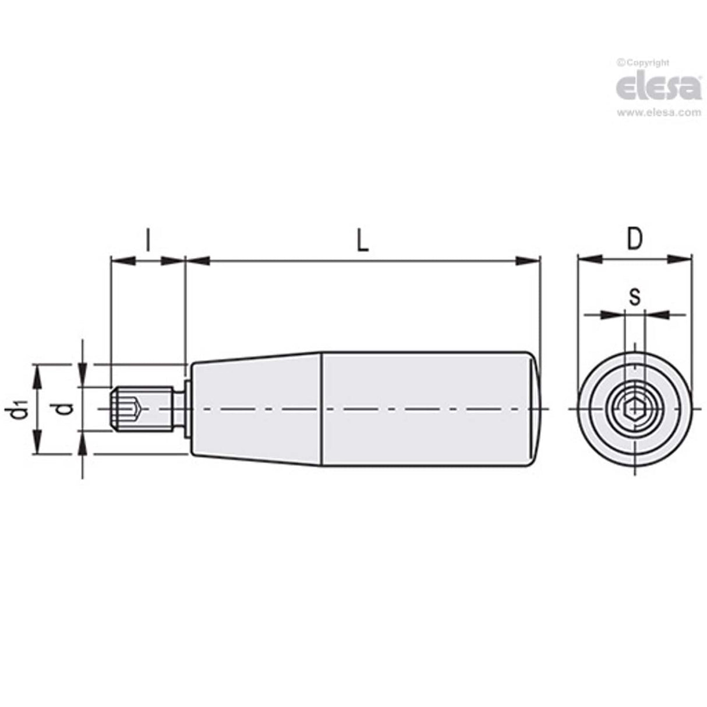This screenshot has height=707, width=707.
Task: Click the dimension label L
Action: pos(362,241)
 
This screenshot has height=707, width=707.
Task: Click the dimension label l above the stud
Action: pos(148,240)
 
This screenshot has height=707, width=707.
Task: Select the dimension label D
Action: pos(634,239)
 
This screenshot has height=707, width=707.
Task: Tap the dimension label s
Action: pos(634,298)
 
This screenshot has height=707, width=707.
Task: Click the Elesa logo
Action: pos(658,87)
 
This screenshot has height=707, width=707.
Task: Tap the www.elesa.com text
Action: pos(659,113)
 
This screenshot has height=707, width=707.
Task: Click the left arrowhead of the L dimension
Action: pos(197,261)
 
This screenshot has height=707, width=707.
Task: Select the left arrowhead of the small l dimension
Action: pos(121,261)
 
